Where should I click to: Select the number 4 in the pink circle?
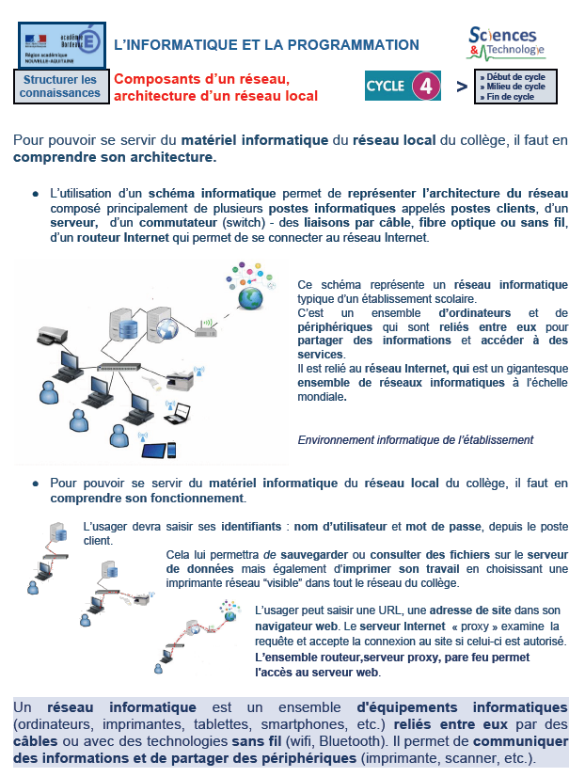point(426,87)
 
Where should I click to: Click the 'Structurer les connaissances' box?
point(60,87)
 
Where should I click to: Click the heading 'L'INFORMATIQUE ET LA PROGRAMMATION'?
point(266,44)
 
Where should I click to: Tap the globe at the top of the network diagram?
point(250,297)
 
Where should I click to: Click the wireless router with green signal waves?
point(207,328)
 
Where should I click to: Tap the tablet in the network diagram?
point(155,451)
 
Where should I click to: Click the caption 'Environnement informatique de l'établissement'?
point(415,439)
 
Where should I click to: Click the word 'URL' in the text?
point(362,610)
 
